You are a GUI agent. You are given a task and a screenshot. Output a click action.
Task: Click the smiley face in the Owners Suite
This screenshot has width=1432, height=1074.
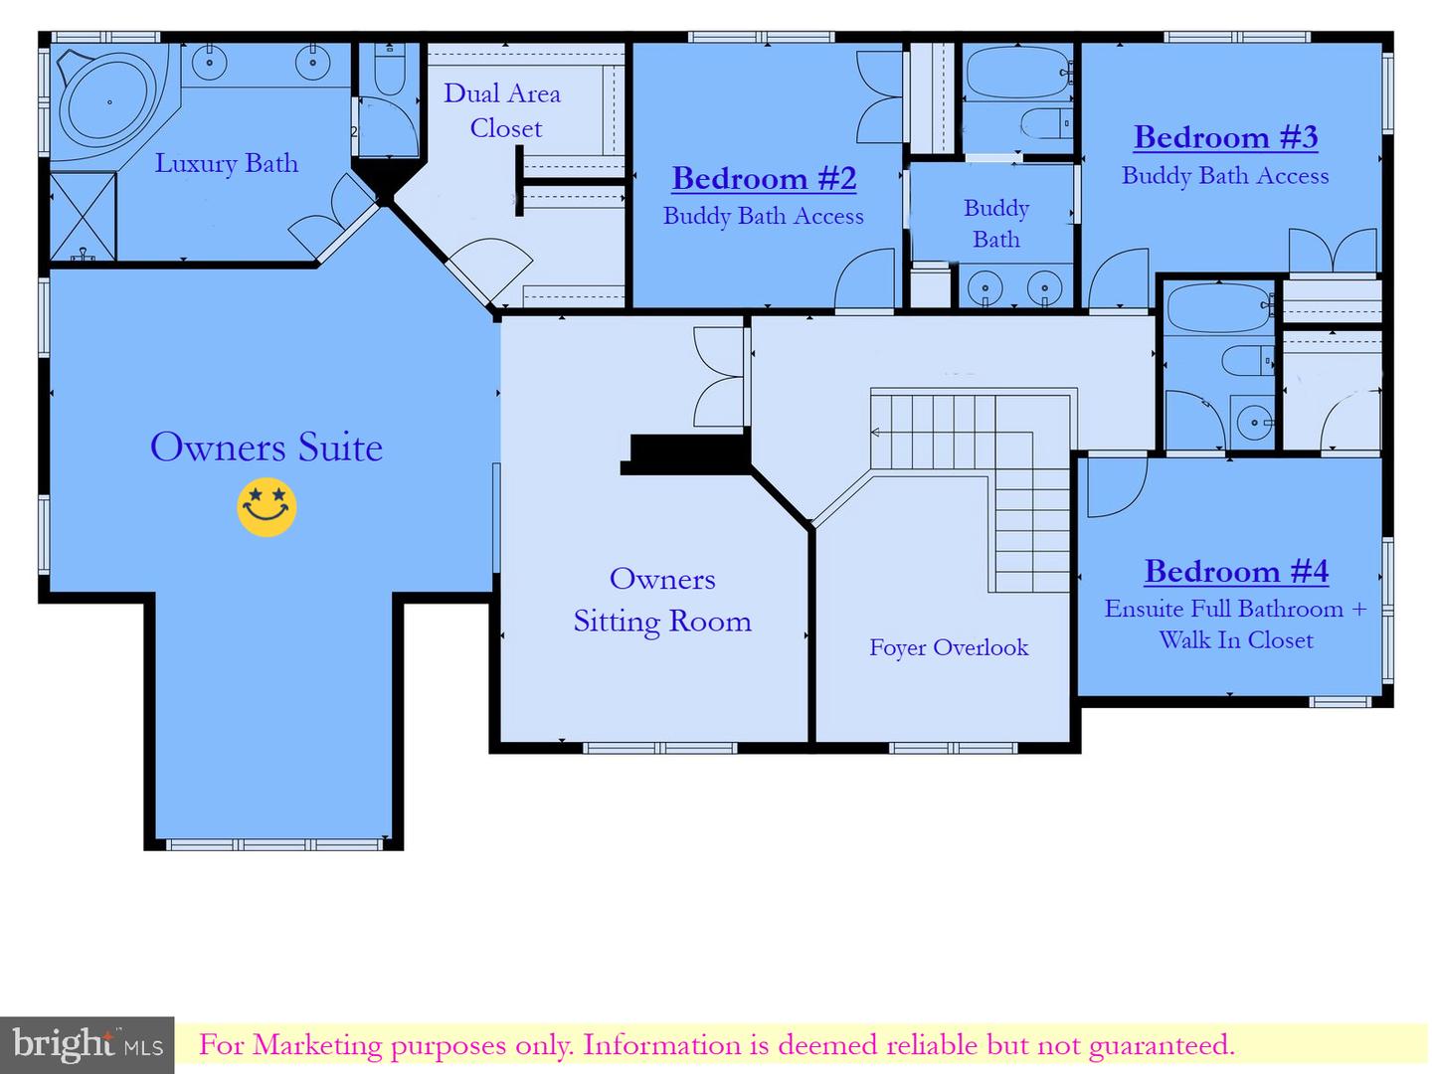coord(267,507)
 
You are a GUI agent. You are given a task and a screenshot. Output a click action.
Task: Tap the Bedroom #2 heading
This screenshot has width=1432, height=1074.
coord(764,179)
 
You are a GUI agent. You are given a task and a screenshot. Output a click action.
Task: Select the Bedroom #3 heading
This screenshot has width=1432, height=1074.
coord(1225,137)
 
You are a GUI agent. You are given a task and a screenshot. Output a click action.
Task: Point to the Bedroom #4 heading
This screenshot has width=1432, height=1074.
coord(1236,572)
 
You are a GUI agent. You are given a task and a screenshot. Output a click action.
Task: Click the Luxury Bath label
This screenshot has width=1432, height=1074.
coord(227,163)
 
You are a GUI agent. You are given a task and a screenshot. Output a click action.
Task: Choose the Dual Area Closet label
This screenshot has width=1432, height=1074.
coord(502,110)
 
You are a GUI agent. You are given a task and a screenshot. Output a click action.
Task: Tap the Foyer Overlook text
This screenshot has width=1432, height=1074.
coord(949,648)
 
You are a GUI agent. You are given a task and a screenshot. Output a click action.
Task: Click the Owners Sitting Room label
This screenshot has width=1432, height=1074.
coord(662,600)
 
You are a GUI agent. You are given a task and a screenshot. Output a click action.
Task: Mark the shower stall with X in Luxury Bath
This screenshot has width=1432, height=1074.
coord(83,217)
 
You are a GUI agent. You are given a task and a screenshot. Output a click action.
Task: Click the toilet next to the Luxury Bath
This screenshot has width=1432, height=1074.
coord(390,70)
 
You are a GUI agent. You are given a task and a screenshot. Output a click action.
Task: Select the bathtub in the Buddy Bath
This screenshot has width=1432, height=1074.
coord(1018,73)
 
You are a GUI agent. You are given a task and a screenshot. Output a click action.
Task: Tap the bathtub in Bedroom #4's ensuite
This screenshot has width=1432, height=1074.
coord(1219,308)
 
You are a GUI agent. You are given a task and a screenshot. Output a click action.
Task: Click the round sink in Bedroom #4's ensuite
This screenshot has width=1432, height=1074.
coord(1253,423)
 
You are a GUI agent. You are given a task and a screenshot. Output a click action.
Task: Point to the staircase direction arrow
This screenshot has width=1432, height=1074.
coord(875,432)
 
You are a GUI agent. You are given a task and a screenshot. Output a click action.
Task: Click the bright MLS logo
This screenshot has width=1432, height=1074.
coord(88,1044)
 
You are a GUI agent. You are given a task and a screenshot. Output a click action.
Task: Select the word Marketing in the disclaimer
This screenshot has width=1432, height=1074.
coord(316,1045)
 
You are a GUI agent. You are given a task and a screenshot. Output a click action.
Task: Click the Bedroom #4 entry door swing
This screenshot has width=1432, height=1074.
coord(1117,487)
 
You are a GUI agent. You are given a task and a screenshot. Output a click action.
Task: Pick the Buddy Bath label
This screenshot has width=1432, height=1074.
coord(996,224)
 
